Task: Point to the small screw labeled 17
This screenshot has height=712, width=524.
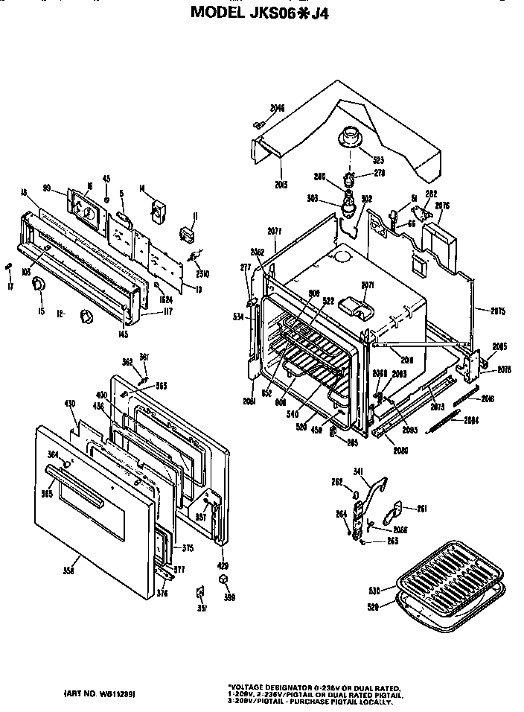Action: (8, 266)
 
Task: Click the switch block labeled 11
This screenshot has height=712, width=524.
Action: (187, 235)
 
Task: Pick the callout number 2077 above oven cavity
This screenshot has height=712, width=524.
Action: (275, 232)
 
